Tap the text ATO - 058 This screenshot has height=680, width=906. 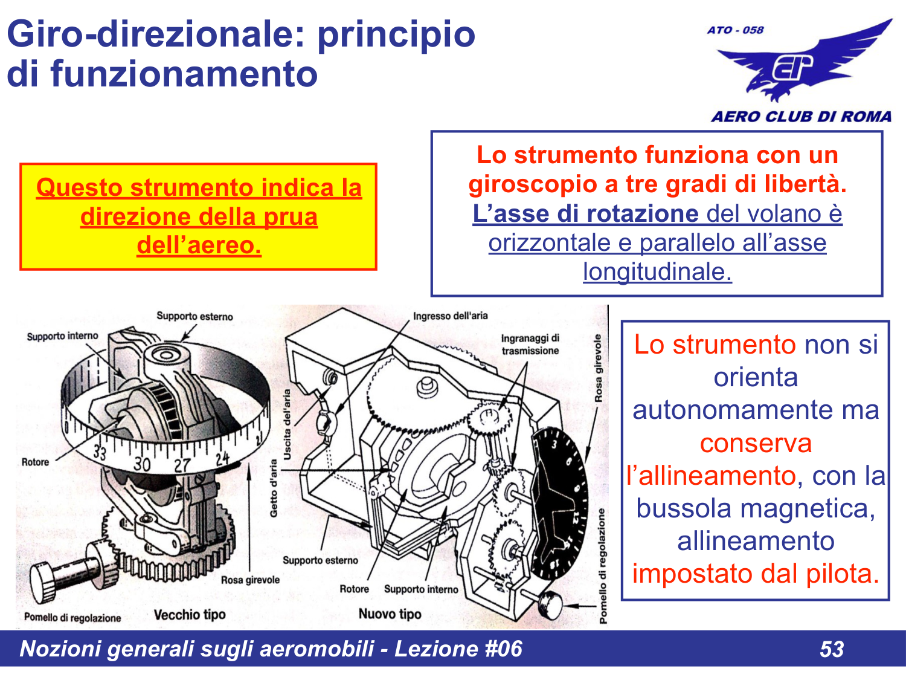point(735,30)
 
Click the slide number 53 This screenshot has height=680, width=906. point(832,649)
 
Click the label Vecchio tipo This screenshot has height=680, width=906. point(190,615)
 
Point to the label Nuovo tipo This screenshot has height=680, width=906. point(390,614)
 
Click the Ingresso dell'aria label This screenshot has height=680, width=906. point(450,316)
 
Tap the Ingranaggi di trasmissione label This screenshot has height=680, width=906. point(530,345)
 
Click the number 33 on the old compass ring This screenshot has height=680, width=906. point(100,452)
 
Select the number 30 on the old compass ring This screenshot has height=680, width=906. point(142,464)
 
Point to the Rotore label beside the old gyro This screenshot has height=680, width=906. point(35,462)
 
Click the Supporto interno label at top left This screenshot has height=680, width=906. point(62,336)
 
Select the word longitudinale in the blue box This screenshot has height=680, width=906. point(657,271)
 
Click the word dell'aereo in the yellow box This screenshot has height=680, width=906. point(199,245)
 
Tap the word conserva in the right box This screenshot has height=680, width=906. point(756,443)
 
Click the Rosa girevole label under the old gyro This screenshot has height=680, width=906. point(250,580)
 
